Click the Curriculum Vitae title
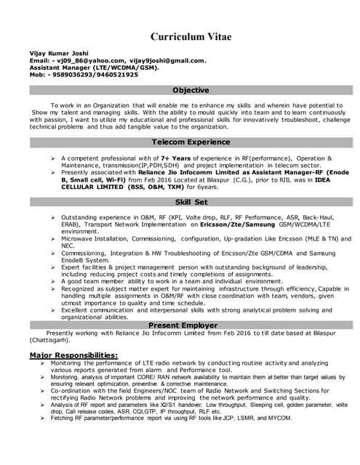pyautogui.click(x=190, y=36)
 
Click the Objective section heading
pyautogui.click(x=190, y=90)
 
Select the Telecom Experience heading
pyautogui.click(x=190, y=142)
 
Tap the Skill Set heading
pyautogui.click(x=191, y=202)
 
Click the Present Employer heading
pyautogui.click(x=190, y=325)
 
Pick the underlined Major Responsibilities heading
pyautogui.click(x=73, y=355)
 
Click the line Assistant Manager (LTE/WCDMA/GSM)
pyautogui.click(x=79, y=68)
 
